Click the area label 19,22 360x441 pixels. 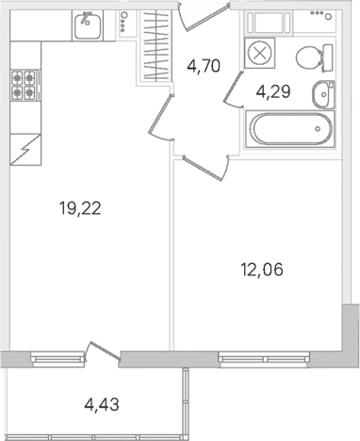[x=80, y=208]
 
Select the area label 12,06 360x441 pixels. [x=262, y=269]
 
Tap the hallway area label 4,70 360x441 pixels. [x=204, y=66]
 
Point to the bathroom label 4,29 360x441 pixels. [x=273, y=92]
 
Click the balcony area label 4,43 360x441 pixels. [x=102, y=404]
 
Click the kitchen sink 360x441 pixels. [x=88, y=25]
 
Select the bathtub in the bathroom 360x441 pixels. [x=290, y=129]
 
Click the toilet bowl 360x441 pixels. [x=308, y=58]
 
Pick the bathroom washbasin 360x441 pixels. [x=323, y=94]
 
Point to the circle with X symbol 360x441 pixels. [x=259, y=53]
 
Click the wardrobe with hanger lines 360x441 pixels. [x=155, y=45]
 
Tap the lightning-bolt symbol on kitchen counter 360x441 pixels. [x=25, y=149]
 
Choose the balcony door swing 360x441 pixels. [x=103, y=351]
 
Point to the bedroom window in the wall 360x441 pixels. [x=265, y=358]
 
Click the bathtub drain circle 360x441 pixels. [x=318, y=129]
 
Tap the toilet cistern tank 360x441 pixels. [x=328, y=58]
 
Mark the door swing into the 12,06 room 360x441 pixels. [x=205, y=168]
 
